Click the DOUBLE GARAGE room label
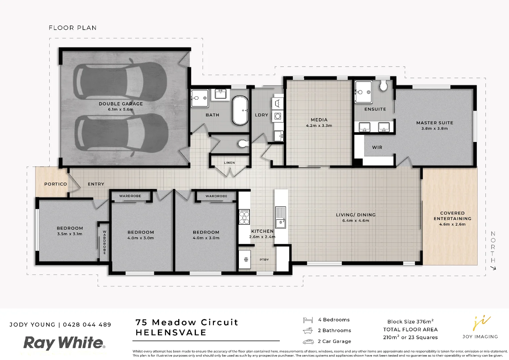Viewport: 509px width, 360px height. pyautogui.click(x=121, y=104)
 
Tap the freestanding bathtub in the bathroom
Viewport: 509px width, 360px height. pyautogui.click(x=240, y=110)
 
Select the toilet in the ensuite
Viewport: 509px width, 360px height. pyautogui.click(x=383, y=86)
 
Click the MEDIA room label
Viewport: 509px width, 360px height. pyautogui.click(x=319, y=120)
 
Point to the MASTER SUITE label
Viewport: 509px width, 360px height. pyautogui.click(x=434, y=123)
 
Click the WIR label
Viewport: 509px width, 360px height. pyautogui.click(x=377, y=147)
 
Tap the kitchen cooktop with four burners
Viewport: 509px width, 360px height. pyautogui.click(x=244, y=217)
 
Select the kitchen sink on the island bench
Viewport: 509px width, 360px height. pyautogui.click(x=280, y=217)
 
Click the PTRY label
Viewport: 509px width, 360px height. pyautogui.click(x=264, y=260)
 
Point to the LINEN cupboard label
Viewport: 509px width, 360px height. pyautogui.click(x=229, y=163)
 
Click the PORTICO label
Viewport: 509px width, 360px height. pyautogui.click(x=56, y=184)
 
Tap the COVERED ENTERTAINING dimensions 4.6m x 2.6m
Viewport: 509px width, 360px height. pyautogui.click(x=452, y=224)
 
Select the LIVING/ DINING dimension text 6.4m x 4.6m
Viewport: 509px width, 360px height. pyautogui.click(x=355, y=220)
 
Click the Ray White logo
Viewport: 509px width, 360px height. pyautogui.click(x=64, y=343)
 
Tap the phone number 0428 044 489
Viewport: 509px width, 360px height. pyautogui.click(x=87, y=325)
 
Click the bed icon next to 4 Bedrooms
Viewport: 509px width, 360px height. pyautogui.click(x=308, y=320)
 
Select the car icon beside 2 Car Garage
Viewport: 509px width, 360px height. pyautogui.click(x=308, y=342)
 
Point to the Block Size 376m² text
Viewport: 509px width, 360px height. pyautogui.click(x=410, y=322)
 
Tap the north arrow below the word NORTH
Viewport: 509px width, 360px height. pyautogui.click(x=493, y=268)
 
